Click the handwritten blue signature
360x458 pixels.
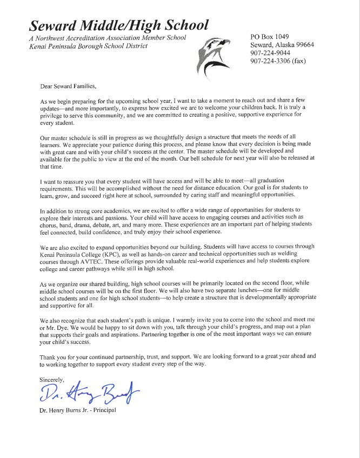tap(86, 394)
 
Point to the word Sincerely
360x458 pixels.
tap(52, 380)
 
